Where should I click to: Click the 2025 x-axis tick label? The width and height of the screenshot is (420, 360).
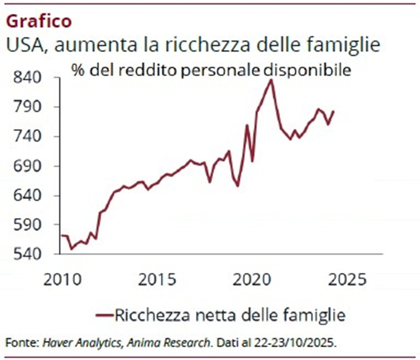(x=348, y=279)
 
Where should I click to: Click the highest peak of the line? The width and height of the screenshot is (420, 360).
(x=271, y=80)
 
